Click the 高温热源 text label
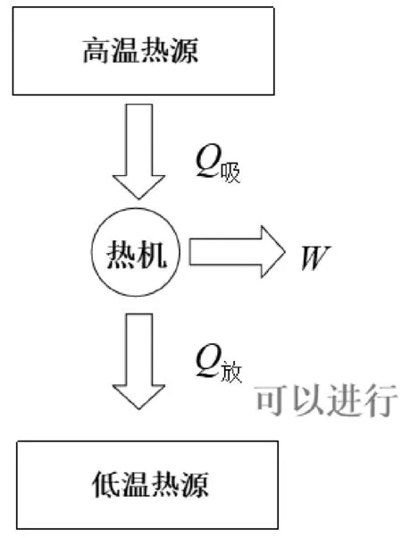[x=140, y=51]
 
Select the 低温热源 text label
[x=150, y=484]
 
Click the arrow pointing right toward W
[x=237, y=252]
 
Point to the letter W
[x=315, y=257]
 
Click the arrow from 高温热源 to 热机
[x=139, y=151]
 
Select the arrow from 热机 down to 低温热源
[x=139, y=361]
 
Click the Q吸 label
[x=218, y=164]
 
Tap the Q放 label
[x=219, y=363]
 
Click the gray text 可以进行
[x=327, y=400]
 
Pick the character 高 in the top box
[x=97, y=51]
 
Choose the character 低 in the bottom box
[x=106, y=484]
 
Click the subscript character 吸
[x=230, y=172]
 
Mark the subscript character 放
[x=232, y=372]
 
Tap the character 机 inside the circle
[x=152, y=254]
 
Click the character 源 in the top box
[x=184, y=51]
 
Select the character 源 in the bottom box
[x=195, y=484]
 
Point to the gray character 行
[x=381, y=400]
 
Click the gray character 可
[x=272, y=400]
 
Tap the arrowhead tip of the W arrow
[x=285, y=252]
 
